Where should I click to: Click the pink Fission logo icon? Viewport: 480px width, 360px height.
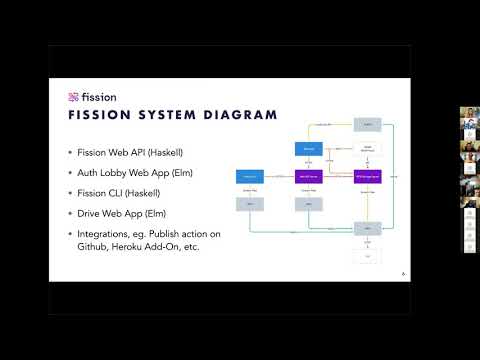pos(73,97)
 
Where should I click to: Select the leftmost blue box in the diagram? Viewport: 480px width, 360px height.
pos(249,177)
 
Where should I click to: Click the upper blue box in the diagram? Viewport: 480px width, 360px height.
pos(308,149)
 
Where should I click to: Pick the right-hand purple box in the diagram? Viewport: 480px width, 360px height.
pos(367,177)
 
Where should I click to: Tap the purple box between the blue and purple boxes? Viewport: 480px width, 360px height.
pos(308,177)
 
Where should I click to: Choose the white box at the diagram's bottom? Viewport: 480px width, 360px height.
pos(367,257)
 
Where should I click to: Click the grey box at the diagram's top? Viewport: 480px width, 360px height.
pos(367,124)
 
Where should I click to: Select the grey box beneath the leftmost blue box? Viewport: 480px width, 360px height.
pos(249,203)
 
